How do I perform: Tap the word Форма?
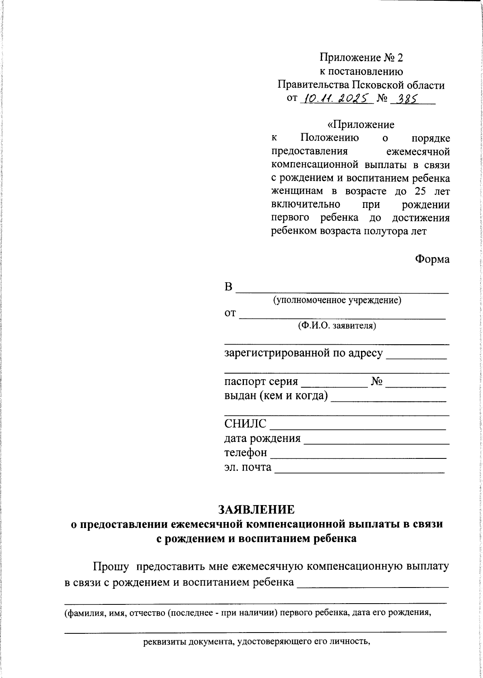(432, 259)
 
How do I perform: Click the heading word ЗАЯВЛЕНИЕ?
(256, 509)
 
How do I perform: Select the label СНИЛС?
(245, 424)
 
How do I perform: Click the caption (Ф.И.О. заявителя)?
(337, 325)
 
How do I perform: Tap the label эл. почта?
(248, 467)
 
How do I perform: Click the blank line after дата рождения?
(376, 442)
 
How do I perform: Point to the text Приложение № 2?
(361, 58)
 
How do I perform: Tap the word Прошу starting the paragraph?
(111, 567)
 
